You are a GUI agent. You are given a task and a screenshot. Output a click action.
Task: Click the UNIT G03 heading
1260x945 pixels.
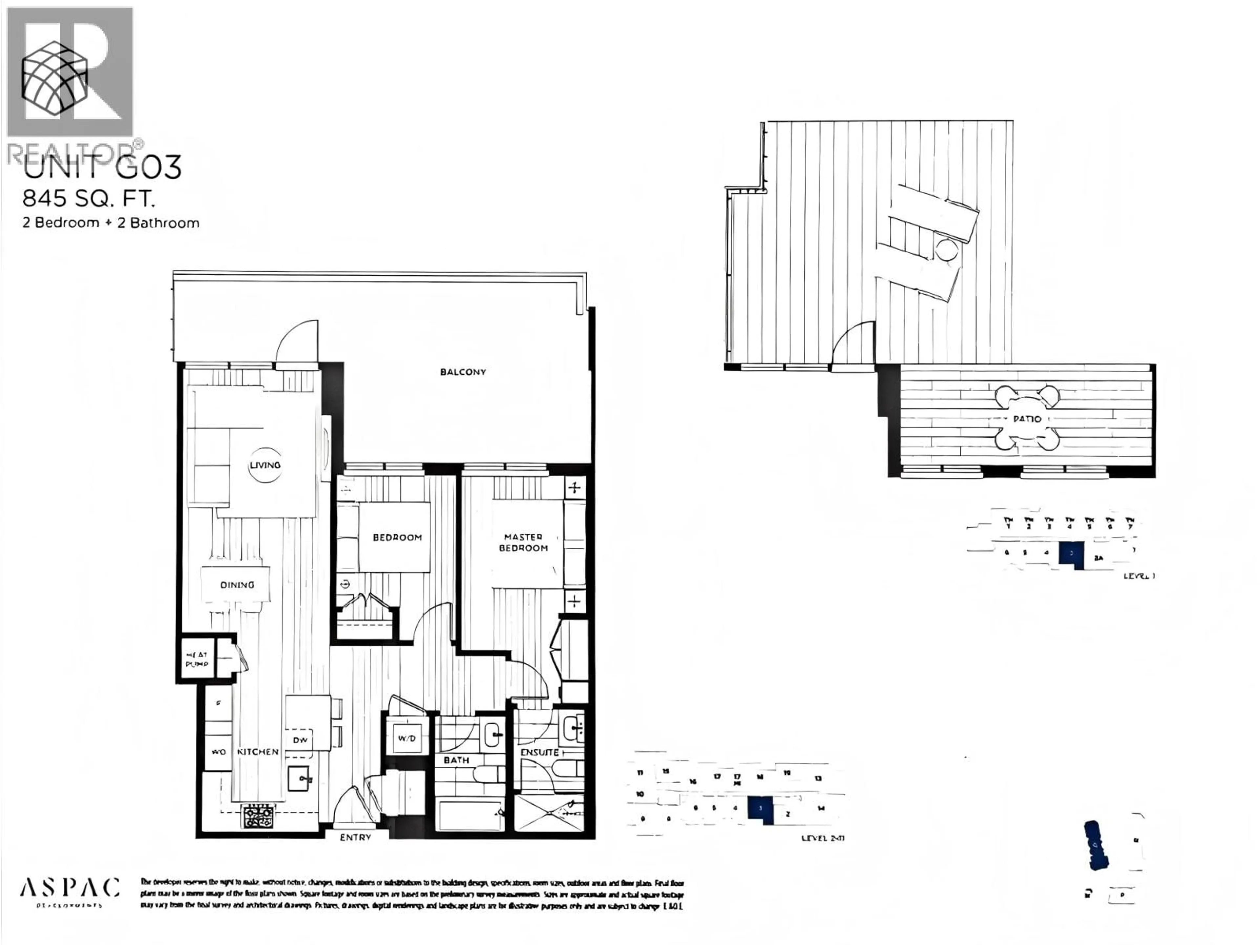102,167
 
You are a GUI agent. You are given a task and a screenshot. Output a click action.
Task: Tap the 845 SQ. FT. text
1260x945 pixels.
89,199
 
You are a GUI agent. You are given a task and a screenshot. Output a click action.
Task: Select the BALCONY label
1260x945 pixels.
463,372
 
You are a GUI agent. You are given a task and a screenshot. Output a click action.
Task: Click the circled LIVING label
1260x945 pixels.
265,465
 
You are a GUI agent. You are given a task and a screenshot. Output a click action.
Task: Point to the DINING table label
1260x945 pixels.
237,584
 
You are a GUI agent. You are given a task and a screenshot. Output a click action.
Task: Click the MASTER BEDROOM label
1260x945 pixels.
523,542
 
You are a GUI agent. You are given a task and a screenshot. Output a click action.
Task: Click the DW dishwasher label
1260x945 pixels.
300,740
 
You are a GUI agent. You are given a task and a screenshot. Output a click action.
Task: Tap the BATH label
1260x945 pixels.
456,760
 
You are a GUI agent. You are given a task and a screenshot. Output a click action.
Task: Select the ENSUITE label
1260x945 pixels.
539,752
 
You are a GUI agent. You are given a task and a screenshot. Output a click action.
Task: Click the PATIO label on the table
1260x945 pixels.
1027,419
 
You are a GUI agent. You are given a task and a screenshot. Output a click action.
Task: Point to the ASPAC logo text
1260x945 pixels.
70,887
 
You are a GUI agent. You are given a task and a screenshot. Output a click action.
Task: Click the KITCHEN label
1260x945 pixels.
258,752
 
